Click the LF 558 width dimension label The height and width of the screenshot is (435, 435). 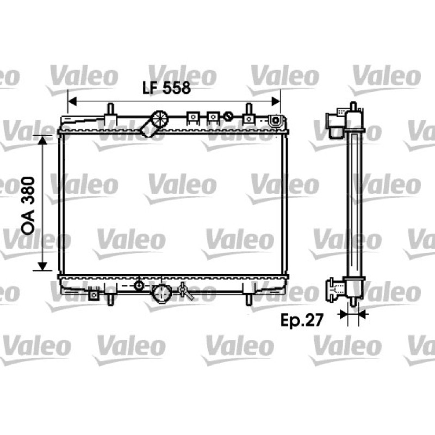[166, 88]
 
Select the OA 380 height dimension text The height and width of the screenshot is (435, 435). [28, 206]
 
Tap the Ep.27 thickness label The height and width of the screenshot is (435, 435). [302, 320]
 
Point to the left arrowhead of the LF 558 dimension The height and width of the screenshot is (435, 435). [72, 102]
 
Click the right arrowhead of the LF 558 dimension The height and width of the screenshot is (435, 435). [276, 102]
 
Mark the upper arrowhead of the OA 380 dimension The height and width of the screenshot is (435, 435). [42, 140]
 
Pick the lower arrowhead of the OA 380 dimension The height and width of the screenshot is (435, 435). [42, 266]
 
